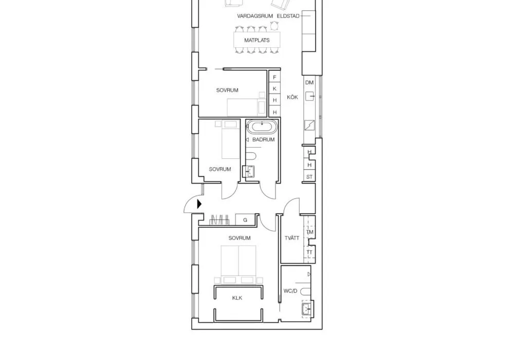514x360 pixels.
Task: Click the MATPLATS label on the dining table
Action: (x=257, y=40)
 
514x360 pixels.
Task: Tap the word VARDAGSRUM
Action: (x=254, y=16)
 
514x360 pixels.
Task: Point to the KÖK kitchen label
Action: (x=292, y=97)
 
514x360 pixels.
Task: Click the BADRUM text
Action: (x=263, y=139)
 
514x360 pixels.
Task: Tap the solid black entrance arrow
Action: (x=200, y=204)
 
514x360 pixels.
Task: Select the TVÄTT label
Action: (x=291, y=238)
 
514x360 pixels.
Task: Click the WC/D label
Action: (x=290, y=291)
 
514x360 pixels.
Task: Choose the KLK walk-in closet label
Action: (x=237, y=298)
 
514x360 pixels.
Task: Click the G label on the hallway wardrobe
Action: (x=245, y=220)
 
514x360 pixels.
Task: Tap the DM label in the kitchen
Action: (x=309, y=83)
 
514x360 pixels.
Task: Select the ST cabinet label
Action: (x=309, y=177)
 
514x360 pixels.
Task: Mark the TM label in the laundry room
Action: (x=310, y=232)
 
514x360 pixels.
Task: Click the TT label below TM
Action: (x=310, y=253)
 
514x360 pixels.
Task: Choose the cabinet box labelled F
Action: (x=275, y=78)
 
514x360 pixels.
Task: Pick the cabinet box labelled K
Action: (x=275, y=89)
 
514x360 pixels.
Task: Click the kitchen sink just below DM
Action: (x=309, y=96)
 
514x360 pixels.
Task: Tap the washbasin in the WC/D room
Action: (x=306, y=309)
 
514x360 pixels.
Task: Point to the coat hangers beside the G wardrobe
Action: (x=219, y=220)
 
